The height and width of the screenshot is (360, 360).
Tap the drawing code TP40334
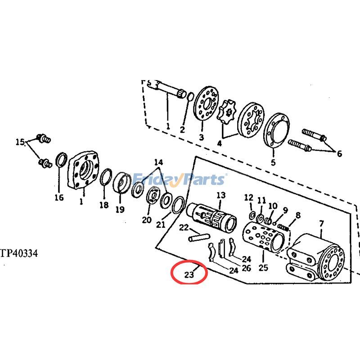[x=19, y=254]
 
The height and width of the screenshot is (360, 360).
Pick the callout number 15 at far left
[x=20, y=142]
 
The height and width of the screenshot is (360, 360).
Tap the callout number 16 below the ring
[x=59, y=197]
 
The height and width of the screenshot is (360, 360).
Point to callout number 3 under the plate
[x=201, y=138]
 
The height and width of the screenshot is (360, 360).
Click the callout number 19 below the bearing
[x=119, y=209]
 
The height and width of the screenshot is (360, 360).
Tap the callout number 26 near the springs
[x=246, y=268]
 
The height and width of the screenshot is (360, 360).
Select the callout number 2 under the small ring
[x=182, y=130]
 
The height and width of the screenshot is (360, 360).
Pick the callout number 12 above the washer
[x=249, y=198]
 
